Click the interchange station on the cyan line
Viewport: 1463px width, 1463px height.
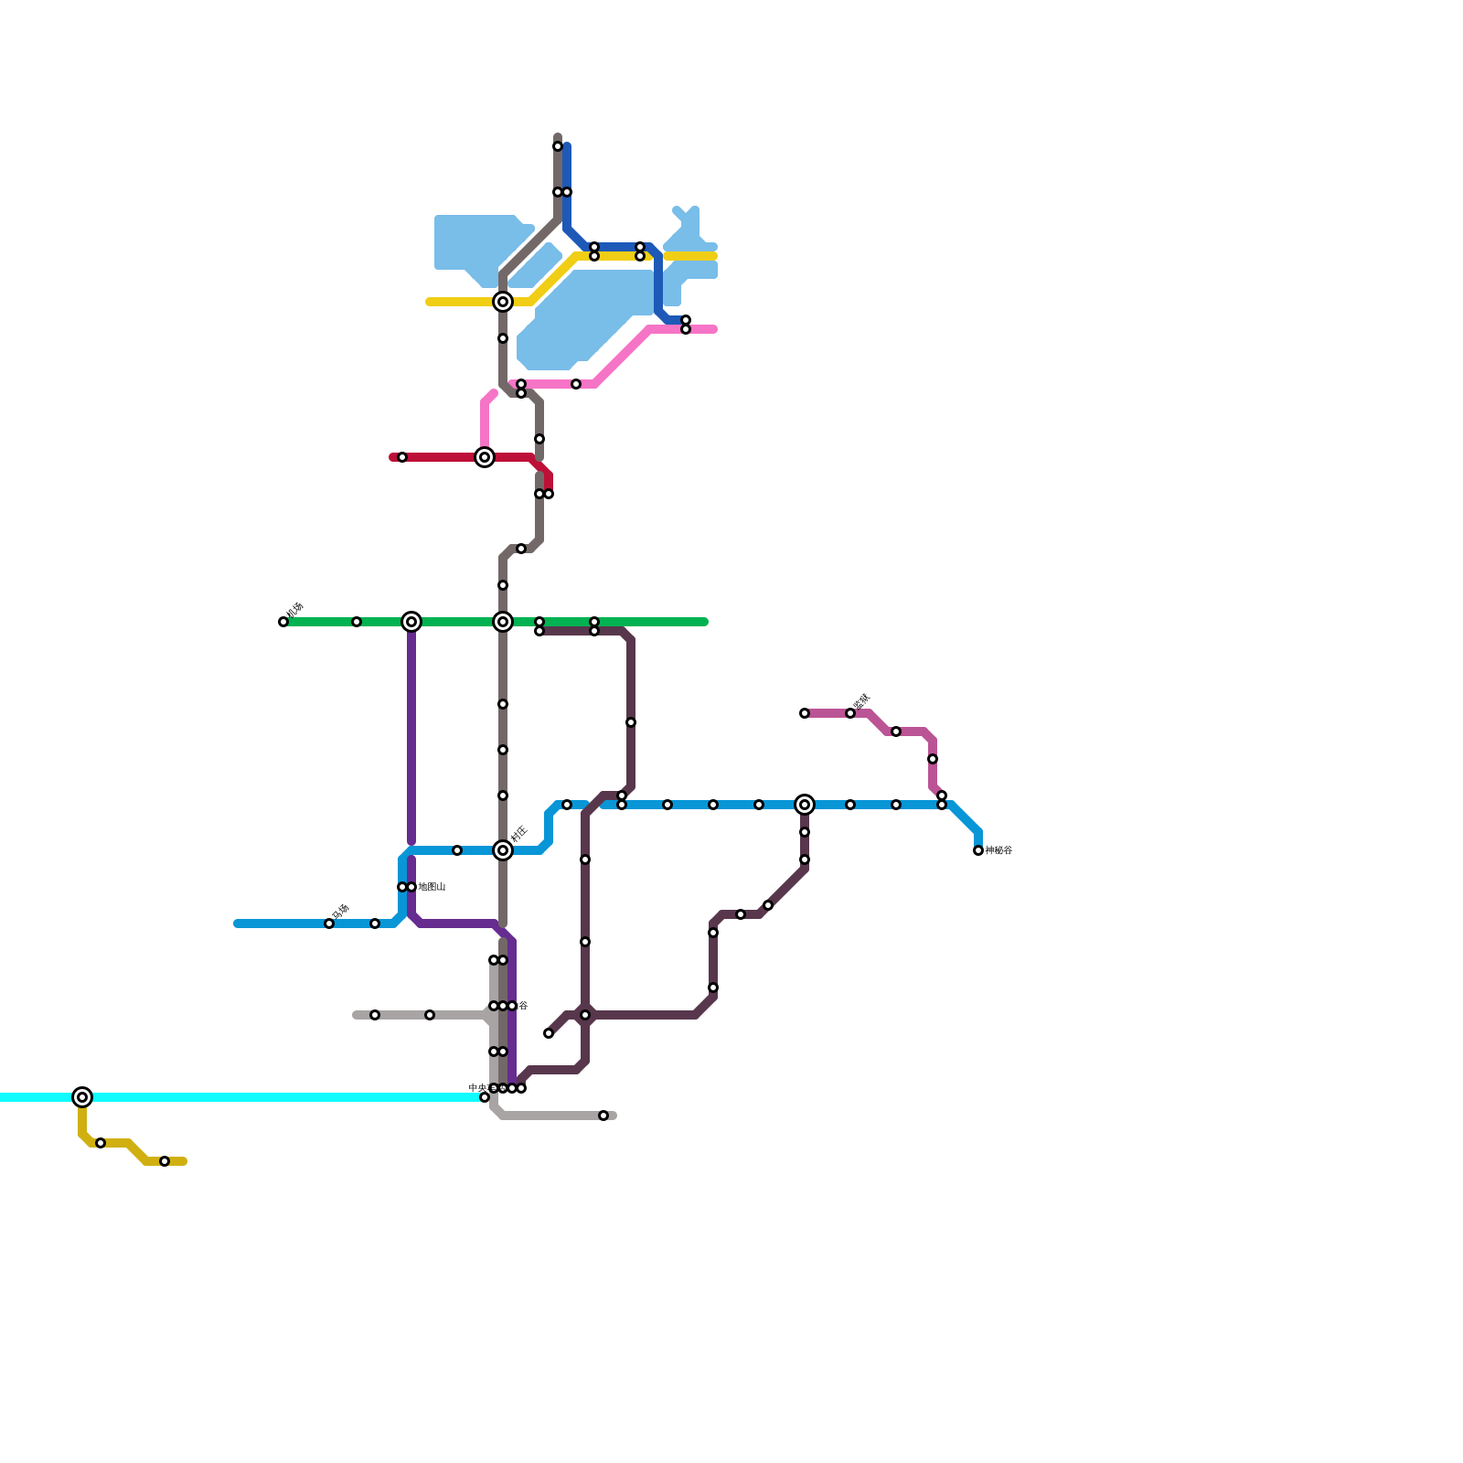(x=82, y=1097)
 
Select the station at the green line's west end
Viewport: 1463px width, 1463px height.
(x=283, y=622)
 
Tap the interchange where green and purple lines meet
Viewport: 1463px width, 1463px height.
(x=411, y=622)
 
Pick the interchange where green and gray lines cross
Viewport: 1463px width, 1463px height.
(x=503, y=622)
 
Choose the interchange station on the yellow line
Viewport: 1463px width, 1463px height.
(x=503, y=302)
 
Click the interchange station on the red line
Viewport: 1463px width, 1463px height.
(x=485, y=457)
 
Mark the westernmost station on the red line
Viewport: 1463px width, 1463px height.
(x=402, y=457)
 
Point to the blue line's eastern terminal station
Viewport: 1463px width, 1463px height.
(x=978, y=850)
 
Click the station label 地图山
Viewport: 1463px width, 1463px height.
(x=432, y=887)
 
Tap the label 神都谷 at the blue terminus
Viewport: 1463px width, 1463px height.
(x=998, y=850)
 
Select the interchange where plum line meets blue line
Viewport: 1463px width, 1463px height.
(x=805, y=805)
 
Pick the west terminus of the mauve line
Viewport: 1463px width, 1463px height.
(x=805, y=713)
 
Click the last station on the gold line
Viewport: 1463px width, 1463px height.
(x=165, y=1161)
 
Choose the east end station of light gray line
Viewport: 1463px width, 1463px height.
(x=603, y=1116)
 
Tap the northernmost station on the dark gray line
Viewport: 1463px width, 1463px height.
(x=558, y=146)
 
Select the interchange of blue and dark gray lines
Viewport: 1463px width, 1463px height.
(x=503, y=850)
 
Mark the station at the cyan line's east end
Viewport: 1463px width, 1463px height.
(x=485, y=1097)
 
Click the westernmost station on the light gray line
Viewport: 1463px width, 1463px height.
(x=375, y=1015)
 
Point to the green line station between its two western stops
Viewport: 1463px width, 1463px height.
(x=357, y=622)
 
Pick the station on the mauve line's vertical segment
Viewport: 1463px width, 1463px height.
(x=933, y=759)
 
